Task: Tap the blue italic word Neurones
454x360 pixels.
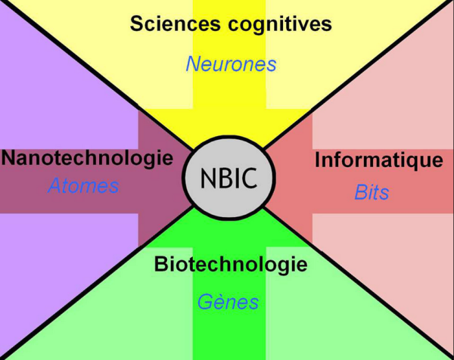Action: (231, 64)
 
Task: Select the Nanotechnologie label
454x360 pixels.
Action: (87, 159)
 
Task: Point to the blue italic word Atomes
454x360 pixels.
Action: (83, 186)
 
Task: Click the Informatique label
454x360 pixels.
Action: (378, 160)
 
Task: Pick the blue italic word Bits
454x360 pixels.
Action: (372, 193)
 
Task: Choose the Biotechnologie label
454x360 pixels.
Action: (231, 265)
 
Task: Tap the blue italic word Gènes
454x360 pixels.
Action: (228, 303)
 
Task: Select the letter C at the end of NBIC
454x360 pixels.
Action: (250, 178)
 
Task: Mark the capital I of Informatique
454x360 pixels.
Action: (318, 160)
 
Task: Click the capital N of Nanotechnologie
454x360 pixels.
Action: (8, 159)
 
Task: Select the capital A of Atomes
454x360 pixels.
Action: (54, 186)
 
